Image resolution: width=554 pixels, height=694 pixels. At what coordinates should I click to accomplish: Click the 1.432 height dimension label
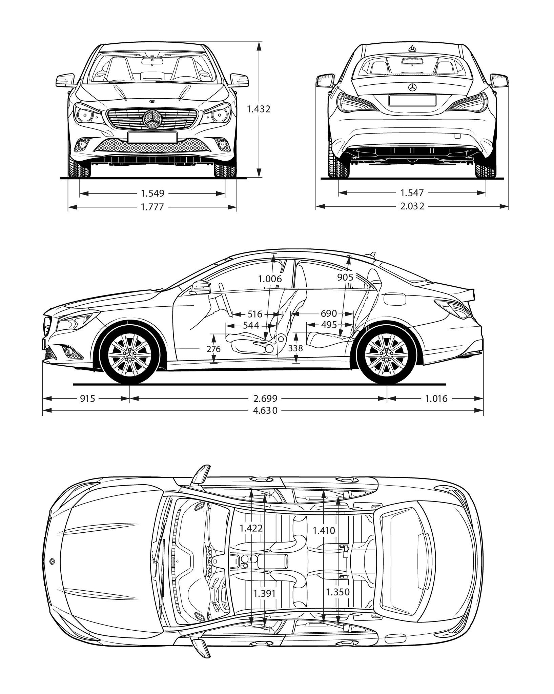click(259, 109)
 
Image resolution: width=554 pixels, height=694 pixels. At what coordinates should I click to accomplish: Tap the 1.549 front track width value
click(152, 193)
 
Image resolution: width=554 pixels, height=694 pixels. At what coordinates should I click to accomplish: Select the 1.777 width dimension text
click(152, 207)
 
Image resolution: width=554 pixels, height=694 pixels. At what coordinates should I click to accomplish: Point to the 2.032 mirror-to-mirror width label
click(412, 206)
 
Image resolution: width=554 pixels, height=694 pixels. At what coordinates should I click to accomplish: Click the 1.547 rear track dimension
click(412, 193)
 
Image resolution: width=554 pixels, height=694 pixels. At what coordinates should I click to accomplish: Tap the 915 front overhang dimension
click(87, 399)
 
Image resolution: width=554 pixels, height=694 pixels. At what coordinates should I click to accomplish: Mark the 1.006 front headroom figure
click(270, 279)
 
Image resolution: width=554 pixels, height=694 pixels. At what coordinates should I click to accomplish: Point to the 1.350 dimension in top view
click(337, 592)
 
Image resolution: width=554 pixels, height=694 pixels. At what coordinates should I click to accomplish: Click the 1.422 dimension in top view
click(251, 528)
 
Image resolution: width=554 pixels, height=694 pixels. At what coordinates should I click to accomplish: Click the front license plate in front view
click(152, 137)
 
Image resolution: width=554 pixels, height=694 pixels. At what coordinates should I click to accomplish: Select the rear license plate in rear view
click(412, 100)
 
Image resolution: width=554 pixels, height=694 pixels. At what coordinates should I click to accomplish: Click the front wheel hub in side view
click(130, 354)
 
